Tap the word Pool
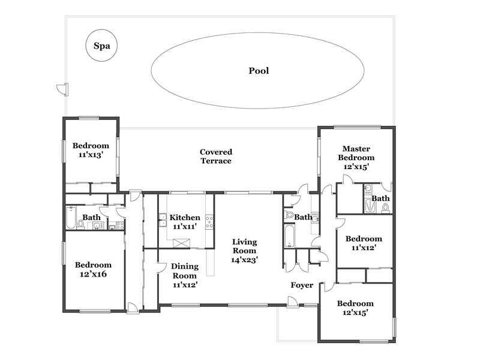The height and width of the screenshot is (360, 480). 259,71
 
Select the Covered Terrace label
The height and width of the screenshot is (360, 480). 216,157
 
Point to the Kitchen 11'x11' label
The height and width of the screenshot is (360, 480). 185,222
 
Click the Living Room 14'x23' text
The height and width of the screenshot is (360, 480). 244,251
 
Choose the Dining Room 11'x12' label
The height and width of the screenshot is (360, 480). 185,275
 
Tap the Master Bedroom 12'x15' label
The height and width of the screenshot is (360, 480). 356,158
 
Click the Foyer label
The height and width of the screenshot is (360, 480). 302,286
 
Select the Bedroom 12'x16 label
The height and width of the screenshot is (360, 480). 93,269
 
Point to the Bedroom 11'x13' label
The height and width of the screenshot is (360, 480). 91,150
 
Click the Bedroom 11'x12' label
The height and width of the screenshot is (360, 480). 364,243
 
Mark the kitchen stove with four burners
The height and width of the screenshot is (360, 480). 209,222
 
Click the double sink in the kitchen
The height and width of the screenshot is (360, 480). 163,220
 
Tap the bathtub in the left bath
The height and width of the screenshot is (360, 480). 71,218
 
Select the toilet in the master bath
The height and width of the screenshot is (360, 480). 385,208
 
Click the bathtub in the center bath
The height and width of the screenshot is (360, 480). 289,236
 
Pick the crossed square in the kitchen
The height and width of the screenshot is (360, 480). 182,244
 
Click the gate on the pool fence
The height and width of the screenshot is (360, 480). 63,89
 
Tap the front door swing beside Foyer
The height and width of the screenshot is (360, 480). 292,302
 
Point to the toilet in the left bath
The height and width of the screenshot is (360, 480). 81,224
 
